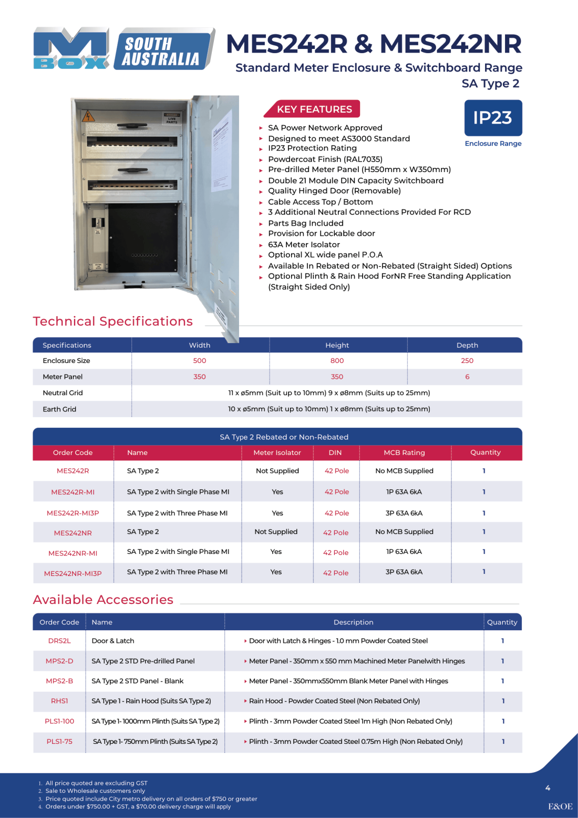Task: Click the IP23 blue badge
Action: tap(493, 118)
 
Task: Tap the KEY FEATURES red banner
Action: tap(314, 109)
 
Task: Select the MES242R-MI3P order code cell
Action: tap(73, 513)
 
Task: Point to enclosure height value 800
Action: tap(337, 361)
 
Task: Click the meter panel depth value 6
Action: tap(467, 377)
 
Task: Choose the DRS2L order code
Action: tap(59, 641)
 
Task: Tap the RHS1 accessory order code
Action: tap(59, 701)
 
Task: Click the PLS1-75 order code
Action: tap(59, 741)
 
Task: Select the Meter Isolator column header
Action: tap(277, 452)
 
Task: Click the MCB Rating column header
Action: tap(404, 452)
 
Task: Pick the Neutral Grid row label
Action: tap(63, 393)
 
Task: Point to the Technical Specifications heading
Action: tap(112, 321)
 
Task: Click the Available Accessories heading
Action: tap(103, 600)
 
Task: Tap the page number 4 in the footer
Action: tap(548, 788)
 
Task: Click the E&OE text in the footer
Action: tap(560, 806)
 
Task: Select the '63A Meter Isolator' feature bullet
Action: tap(304, 245)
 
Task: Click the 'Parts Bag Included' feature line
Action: tap(305, 223)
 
